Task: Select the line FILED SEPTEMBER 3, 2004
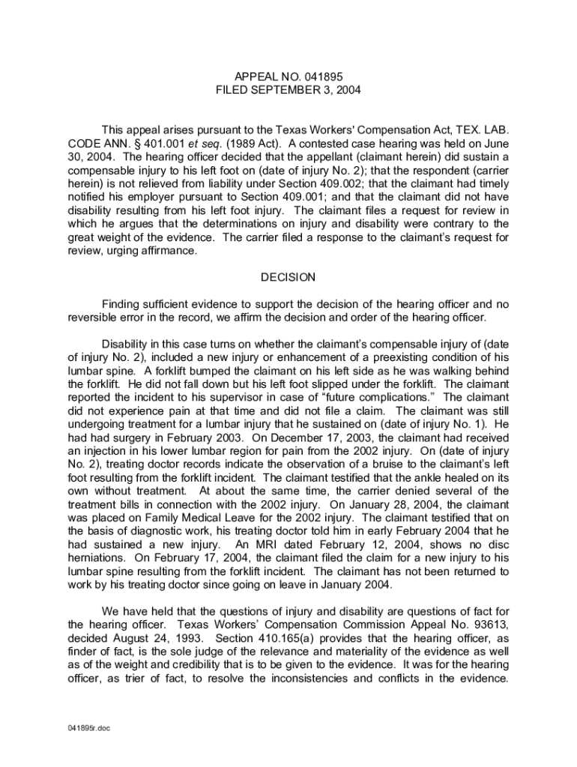pyautogui.click(x=288, y=90)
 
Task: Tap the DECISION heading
pyautogui.click(x=288, y=278)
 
